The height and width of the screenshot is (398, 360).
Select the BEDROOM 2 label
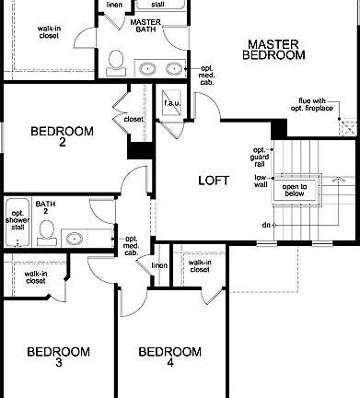62,137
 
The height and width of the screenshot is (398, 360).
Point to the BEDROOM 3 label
57,357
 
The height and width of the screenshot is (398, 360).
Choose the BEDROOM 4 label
169,357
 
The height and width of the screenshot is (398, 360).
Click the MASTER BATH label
145,27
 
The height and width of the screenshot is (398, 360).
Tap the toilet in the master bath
117,62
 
